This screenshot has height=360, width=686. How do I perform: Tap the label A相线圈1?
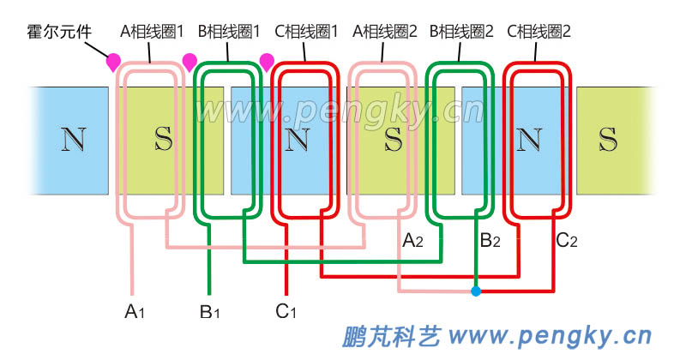coord(153,33)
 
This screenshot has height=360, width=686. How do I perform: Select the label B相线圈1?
coord(230,33)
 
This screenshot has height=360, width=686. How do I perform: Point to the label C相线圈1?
coord(307,33)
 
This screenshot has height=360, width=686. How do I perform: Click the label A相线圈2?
coord(385,33)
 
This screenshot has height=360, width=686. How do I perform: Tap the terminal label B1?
coord(209,311)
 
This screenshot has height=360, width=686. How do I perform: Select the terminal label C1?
coord(286,311)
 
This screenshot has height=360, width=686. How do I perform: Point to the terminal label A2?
coord(412,242)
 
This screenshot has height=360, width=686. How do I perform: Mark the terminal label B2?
coord(490,242)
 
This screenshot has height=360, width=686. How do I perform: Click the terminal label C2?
coord(567,242)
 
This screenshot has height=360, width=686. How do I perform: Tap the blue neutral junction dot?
coord(476,291)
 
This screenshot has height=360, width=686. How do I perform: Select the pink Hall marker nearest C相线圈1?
coord(267,61)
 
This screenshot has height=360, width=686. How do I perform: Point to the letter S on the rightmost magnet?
coord(608,139)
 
